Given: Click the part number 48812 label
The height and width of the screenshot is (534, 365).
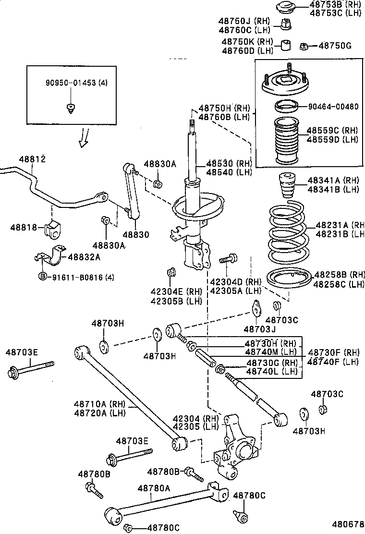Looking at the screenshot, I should point(32,158).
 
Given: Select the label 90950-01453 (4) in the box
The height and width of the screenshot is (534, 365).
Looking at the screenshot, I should point(76,83).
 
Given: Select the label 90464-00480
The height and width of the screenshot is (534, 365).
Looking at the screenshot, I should point(333,107).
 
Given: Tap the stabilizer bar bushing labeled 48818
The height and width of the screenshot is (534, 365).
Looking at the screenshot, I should point(53,229).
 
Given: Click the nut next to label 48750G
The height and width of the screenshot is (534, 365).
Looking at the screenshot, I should point(304,46).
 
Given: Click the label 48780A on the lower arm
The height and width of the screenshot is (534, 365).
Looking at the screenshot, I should point(154,488).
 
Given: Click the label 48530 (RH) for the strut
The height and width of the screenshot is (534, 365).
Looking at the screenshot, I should point(229,163).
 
